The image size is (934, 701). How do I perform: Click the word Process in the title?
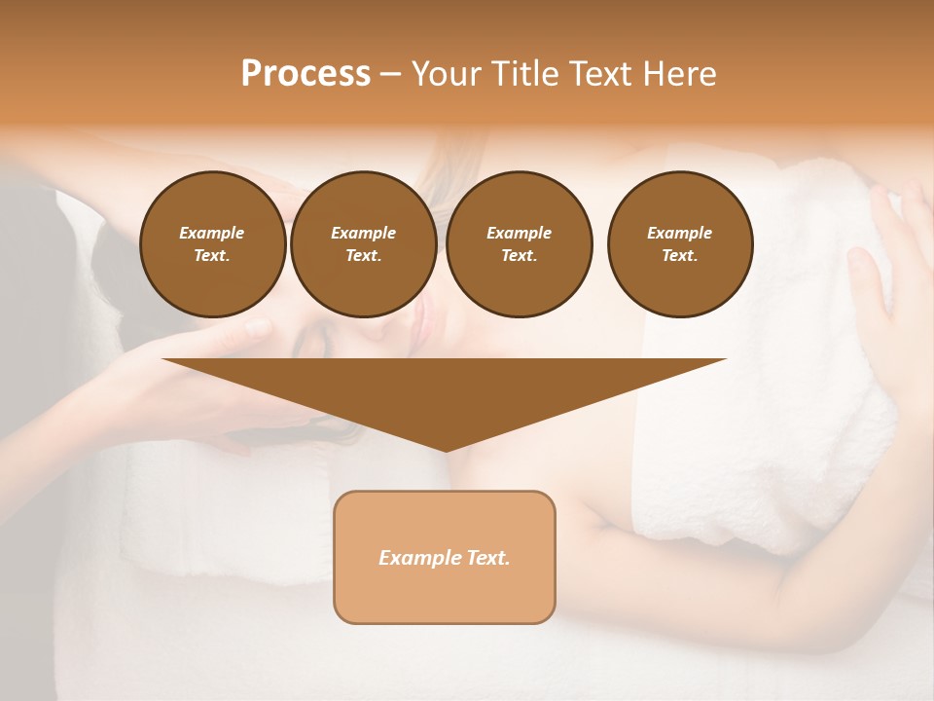coord(305,74)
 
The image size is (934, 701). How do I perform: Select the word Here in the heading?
coord(680,74)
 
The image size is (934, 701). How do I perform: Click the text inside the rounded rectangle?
coord(445,558)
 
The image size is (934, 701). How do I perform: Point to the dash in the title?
coord(391,74)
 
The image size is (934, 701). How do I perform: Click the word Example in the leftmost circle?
coord(212,233)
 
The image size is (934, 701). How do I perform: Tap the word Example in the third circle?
coord(519,233)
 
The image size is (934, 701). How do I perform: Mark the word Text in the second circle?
coord(362,255)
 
